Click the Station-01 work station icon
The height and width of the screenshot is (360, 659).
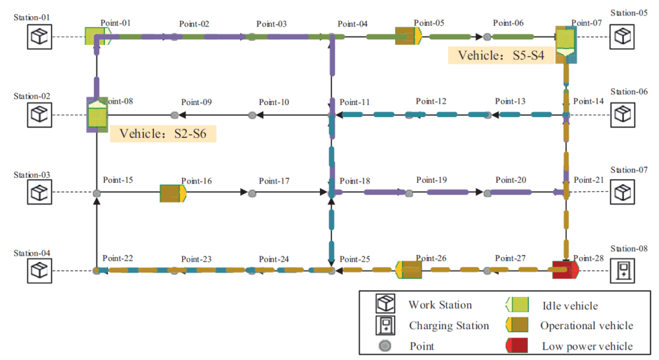39,37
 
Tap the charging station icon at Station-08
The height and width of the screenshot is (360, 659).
622,270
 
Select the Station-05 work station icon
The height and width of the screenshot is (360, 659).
622,36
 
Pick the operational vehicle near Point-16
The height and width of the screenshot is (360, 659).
172,193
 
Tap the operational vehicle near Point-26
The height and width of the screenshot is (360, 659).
409,270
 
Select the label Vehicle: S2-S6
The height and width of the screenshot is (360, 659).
163,134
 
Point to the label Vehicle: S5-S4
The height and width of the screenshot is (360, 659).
501,55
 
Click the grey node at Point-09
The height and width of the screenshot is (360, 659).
174,115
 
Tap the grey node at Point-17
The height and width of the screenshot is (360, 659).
252,193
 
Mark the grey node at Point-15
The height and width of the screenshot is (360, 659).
96,193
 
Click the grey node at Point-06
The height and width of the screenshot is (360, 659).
487,37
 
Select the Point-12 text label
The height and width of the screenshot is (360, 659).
431,101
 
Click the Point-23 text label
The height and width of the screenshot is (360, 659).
196,259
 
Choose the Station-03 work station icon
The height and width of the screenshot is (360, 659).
39,193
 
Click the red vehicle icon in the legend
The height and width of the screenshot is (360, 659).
517,345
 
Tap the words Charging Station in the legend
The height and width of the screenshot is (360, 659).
449,325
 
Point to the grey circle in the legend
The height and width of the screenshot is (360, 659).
385,346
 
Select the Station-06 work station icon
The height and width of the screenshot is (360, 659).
622,115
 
